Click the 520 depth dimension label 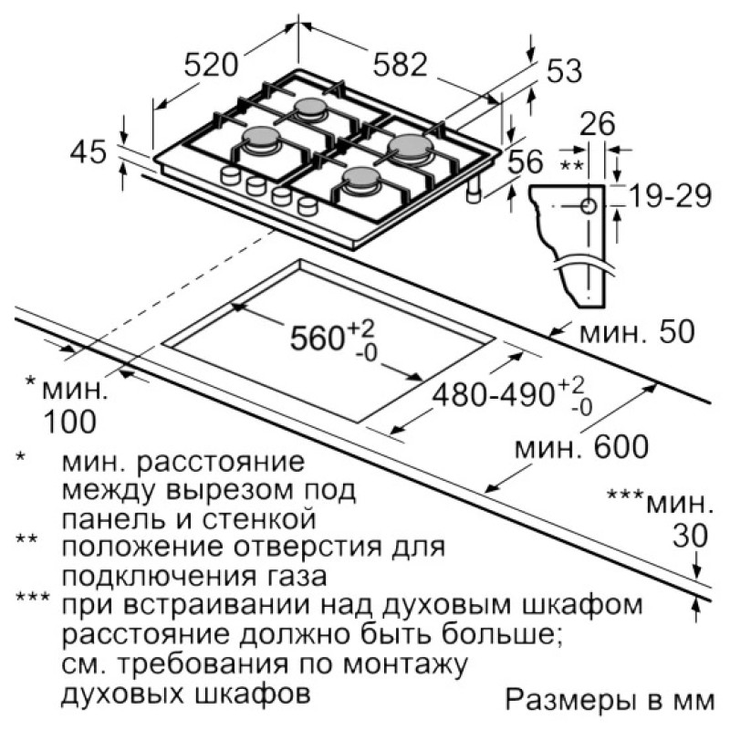211,65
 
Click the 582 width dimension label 400,64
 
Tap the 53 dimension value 564,71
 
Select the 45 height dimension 88,151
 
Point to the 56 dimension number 526,162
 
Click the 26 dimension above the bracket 598,124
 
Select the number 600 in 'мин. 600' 620,446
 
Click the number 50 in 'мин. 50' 676,332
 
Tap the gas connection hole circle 589,206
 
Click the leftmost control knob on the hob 229,175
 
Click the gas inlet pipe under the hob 474,192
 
